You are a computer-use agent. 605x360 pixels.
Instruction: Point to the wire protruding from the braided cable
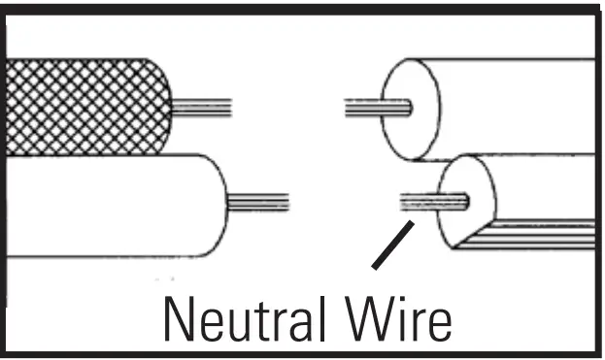pyautogui.click(x=204, y=108)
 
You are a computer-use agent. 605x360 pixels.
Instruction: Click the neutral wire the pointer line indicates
pyautogui.click(x=427, y=202)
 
